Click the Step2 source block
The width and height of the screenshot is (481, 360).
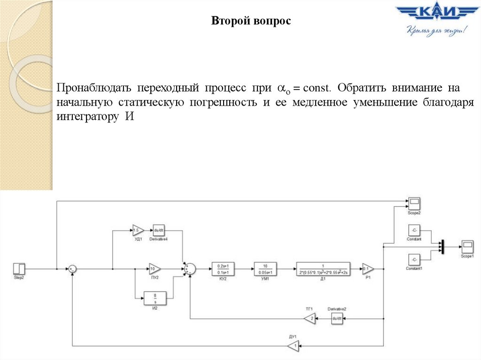point(19,268)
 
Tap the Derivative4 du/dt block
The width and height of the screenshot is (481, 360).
point(159,230)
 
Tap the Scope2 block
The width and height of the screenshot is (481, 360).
point(414,204)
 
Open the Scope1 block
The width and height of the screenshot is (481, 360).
point(466,246)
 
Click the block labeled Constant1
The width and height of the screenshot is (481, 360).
point(413,259)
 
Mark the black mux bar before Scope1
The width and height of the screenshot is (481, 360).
point(442,246)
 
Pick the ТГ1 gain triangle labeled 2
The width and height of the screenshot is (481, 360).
point(310,319)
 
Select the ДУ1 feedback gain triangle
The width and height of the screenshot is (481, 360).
point(293,347)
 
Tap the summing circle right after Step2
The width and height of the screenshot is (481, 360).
point(72,268)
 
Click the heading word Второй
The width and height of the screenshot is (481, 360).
point(226,21)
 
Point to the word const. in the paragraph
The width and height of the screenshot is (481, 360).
point(317,88)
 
